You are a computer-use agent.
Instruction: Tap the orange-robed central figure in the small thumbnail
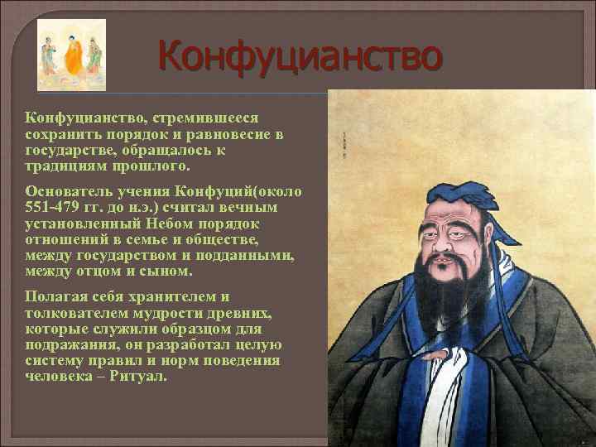click(73, 54)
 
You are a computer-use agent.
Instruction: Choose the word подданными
click(249, 256)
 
